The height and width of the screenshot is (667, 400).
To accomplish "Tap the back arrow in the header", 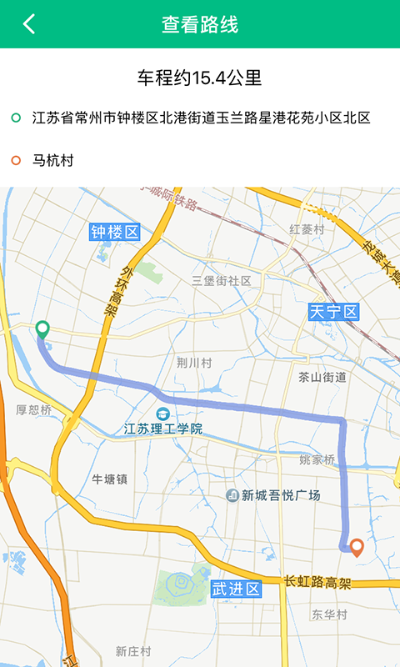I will [29, 24].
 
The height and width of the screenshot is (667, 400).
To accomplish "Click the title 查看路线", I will [200, 24].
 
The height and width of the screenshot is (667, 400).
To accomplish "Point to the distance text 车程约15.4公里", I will [200, 78].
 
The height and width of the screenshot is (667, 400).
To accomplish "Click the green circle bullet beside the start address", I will [16, 118].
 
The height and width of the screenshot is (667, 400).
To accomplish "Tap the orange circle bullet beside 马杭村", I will [16, 160].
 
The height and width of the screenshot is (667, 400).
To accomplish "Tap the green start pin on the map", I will [42, 329].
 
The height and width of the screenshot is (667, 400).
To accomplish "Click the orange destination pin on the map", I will [357, 547].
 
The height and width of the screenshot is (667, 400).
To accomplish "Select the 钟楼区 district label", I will [115, 232].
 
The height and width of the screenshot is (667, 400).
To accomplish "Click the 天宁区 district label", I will [333, 312].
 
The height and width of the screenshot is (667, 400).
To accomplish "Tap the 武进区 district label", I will [236, 589].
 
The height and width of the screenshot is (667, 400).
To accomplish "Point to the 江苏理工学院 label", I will [163, 429].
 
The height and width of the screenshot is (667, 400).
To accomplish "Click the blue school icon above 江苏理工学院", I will [163, 414].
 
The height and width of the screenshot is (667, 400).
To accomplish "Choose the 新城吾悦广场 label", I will [281, 495].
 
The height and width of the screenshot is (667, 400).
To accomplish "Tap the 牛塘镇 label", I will [109, 479].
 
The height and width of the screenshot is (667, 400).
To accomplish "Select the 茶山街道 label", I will [322, 377].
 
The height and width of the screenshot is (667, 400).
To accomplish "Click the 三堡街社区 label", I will [222, 281].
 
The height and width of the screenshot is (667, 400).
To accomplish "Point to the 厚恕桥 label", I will [34, 409].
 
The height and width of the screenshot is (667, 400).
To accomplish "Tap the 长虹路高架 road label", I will [317, 581].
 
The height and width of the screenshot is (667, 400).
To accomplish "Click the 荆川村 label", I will [194, 363].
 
